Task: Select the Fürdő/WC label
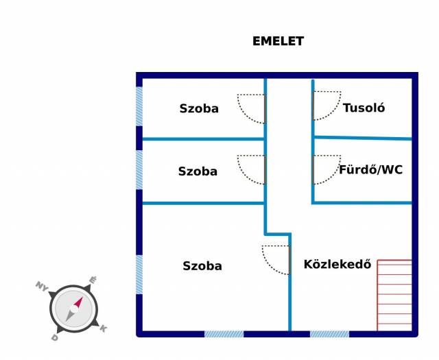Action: click(370, 169)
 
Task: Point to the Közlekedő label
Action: click(337, 264)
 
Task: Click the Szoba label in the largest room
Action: click(202, 266)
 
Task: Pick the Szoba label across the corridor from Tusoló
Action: click(199, 108)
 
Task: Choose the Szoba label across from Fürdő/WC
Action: click(198, 171)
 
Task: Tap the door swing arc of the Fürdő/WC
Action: click(327, 170)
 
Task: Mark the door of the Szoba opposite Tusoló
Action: click(252, 108)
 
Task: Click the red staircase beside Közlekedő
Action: click(394, 295)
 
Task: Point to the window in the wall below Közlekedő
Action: click(329, 334)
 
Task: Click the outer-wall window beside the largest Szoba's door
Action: click(224, 334)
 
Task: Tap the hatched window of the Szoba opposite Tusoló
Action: click(139, 106)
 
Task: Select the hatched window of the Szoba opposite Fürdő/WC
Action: click(139, 170)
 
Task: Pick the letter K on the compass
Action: click(103, 328)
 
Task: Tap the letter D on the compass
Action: click(54, 338)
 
